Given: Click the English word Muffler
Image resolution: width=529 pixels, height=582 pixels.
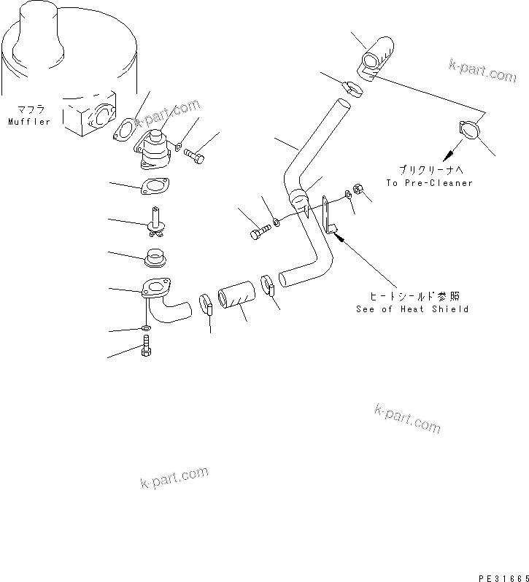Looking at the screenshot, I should pyautogui.click(x=29, y=122).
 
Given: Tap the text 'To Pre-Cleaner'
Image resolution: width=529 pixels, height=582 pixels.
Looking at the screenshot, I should pyautogui.click(x=430, y=183).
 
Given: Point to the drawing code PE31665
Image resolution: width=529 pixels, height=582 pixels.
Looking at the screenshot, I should pyautogui.click(x=498, y=575).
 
